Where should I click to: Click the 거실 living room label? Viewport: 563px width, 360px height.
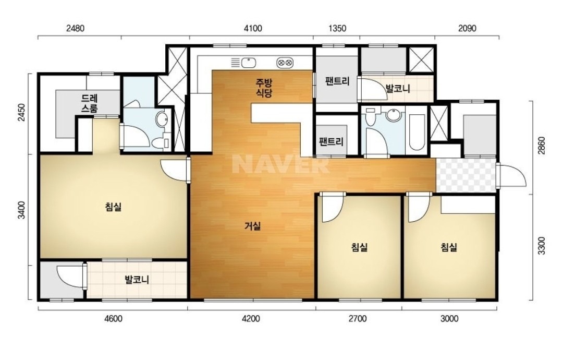click(253, 226)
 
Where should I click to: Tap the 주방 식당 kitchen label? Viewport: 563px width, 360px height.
click(264, 88)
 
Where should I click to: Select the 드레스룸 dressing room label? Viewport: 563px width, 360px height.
click(89, 103)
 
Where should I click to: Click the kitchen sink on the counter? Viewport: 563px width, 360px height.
click(248, 63)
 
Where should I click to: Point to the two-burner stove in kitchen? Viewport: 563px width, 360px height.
click(285, 63)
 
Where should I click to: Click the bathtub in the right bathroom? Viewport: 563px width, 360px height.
click(417, 133)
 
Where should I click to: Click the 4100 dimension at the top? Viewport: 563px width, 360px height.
click(253, 28)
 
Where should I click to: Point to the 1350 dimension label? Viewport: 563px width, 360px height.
click(337, 28)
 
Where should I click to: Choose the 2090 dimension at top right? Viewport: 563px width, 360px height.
click(467, 28)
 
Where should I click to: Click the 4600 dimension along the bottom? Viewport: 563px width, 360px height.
click(113, 318)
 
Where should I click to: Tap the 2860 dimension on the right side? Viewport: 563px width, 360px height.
click(542, 146)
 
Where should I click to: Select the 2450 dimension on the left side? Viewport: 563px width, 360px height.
click(22, 113)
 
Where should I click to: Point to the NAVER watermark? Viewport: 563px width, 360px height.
click(281, 164)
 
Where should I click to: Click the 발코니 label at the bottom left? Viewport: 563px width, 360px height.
click(137, 279)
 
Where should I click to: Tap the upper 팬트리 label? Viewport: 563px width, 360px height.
click(337, 81)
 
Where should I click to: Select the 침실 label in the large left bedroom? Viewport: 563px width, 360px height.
click(113, 207)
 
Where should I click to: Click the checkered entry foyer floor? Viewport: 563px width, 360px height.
click(466, 175)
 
